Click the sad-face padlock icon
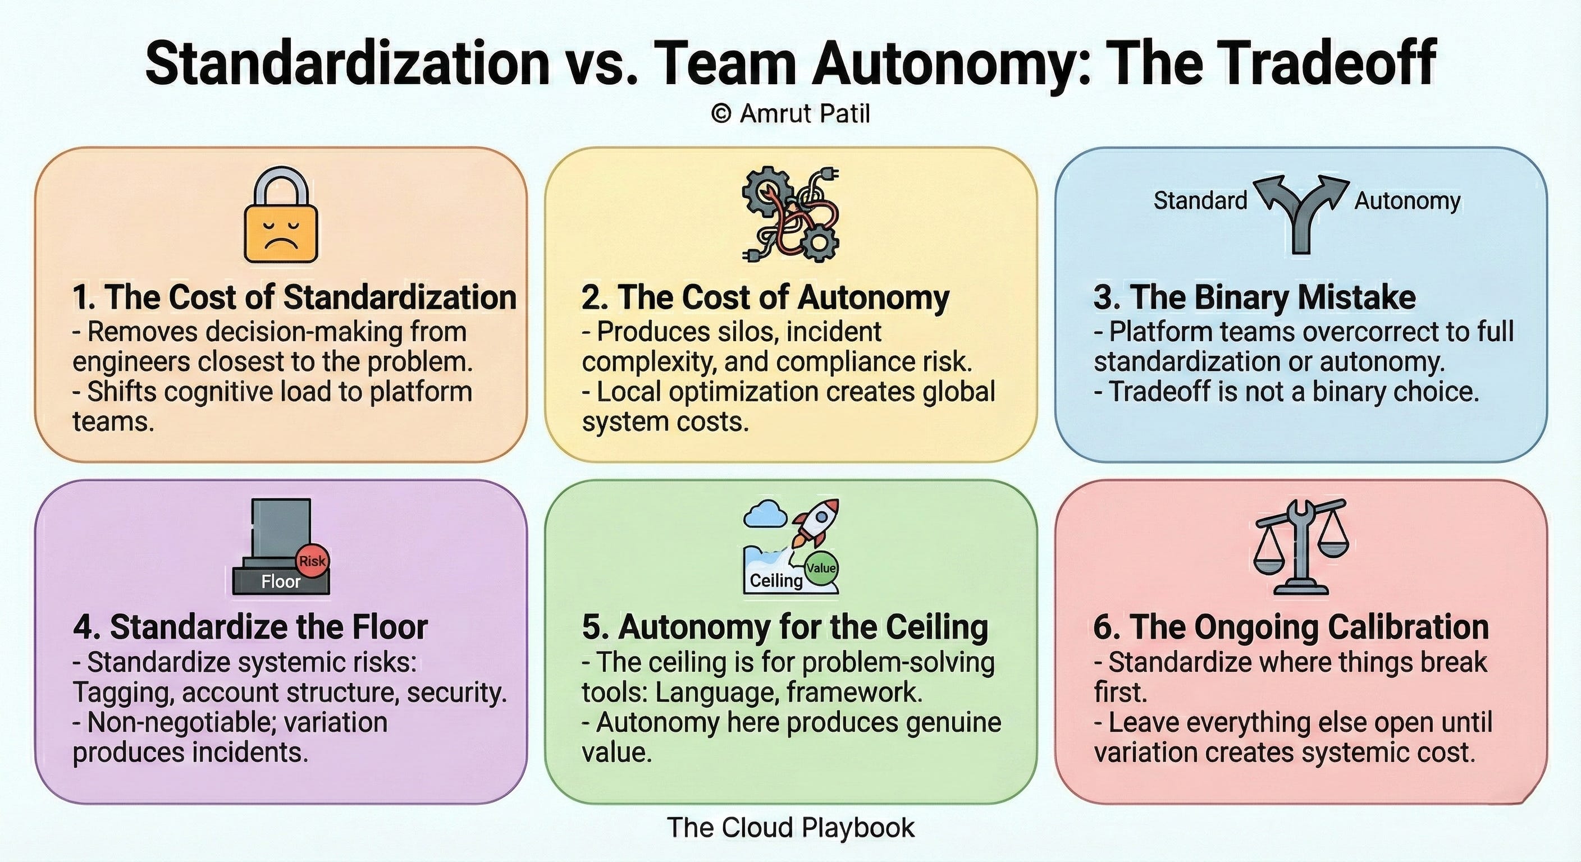point(281,215)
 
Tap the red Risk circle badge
point(312,561)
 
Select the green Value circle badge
point(821,568)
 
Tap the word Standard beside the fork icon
point(1200,200)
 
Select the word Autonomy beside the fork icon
point(1408,200)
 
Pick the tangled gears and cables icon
point(790,215)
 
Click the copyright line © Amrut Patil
point(790,113)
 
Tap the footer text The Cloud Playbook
point(790,828)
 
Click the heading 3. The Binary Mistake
point(1254,297)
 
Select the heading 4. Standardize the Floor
point(250,627)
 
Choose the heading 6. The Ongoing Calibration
point(1291,627)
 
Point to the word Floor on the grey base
point(281,581)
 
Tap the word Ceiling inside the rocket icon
point(776,580)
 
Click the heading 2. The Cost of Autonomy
point(765,297)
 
